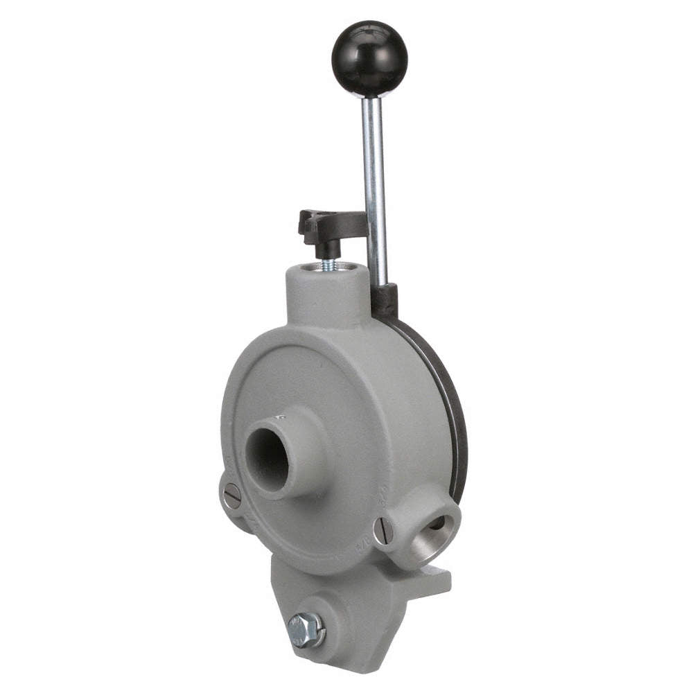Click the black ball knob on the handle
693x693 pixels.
coord(369,58)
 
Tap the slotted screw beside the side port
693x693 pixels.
coord(383,531)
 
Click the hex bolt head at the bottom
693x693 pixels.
coord(305,629)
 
